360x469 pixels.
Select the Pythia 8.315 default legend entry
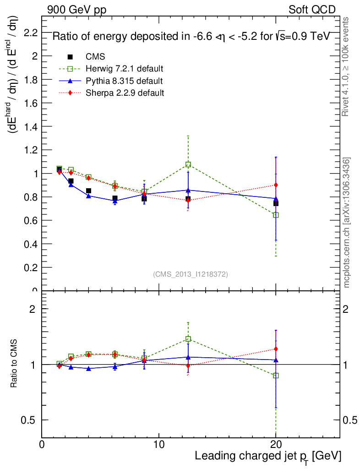(x=124, y=81)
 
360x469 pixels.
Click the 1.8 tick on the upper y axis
(x=32, y=80)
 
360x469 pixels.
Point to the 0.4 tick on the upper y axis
(x=32, y=244)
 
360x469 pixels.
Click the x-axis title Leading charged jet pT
(x=268, y=457)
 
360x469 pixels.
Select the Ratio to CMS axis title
(x=15, y=365)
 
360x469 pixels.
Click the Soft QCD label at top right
(x=312, y=10)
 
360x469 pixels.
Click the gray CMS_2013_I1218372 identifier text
(x=191, y=274)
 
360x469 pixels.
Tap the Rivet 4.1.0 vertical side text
(x=347, y=66)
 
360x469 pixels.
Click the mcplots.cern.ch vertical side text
(x=347, y=223)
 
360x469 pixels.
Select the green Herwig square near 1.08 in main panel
(x=188, y=164)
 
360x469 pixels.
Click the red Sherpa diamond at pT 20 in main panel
(x=276, y=185)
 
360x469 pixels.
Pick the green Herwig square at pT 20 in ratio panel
(x=276, y=376)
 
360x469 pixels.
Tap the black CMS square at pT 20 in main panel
(x=276, y=203)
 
